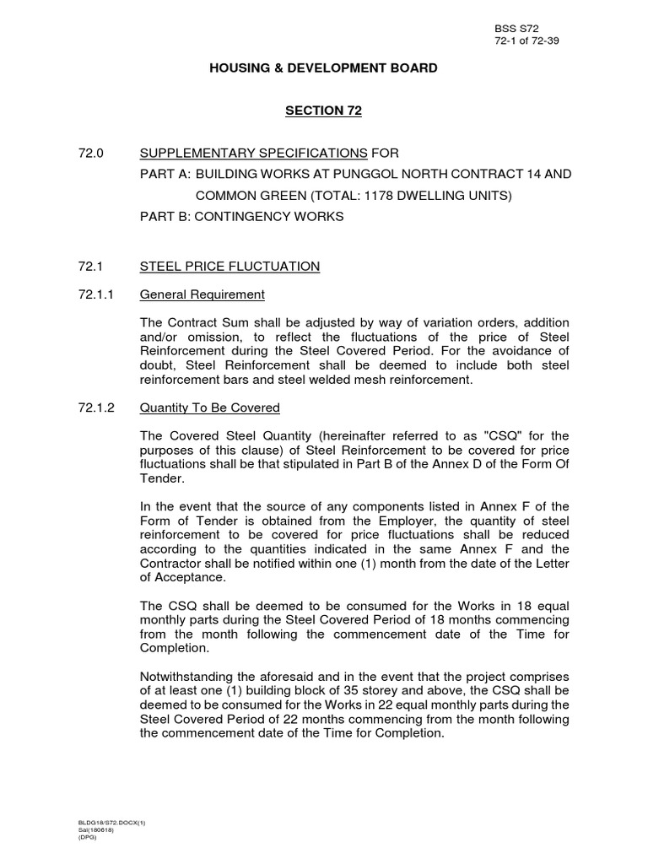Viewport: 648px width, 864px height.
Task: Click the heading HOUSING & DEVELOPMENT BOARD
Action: (323, 67)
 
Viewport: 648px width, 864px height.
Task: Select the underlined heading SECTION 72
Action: (323, 111)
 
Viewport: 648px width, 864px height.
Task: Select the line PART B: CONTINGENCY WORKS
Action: (241, 216)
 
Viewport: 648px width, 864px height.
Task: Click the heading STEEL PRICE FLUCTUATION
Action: (229, 267)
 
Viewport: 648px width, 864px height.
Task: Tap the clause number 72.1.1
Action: (95, 294)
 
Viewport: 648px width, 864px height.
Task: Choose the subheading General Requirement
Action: (202, 294)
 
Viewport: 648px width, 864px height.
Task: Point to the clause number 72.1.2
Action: (95, 408)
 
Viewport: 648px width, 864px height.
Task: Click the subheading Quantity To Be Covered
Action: (209, 408)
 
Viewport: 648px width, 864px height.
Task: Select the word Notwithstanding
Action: (186, 678)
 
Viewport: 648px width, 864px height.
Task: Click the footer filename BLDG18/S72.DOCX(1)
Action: (107, 821)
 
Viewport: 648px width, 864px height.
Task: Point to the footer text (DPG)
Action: (88, 836)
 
